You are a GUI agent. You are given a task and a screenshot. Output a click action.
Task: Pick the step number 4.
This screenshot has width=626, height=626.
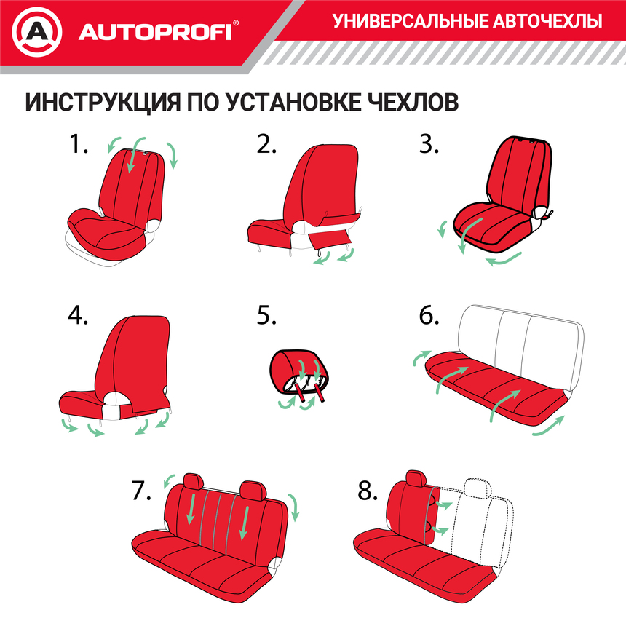pyautogui.click(x=78, y=314)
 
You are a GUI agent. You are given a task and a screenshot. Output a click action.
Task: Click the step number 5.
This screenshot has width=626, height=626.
pyautogui.click(x=267, y=315)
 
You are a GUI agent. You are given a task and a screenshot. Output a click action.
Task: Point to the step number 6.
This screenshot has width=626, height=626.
pyautogui.click(x=429, y=315)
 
